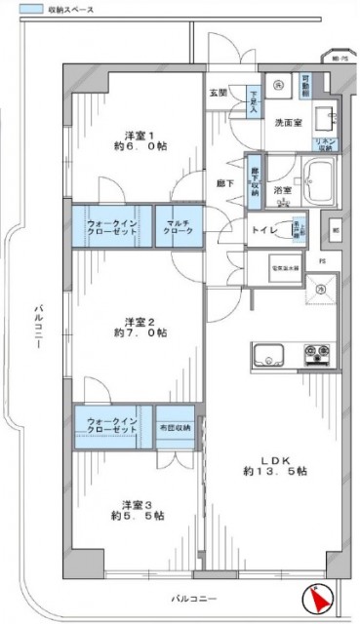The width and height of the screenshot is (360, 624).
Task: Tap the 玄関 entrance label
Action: point(218,94)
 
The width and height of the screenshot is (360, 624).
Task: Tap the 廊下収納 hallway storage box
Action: point(255,177)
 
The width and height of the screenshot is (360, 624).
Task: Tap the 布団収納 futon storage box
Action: point(176,426)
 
